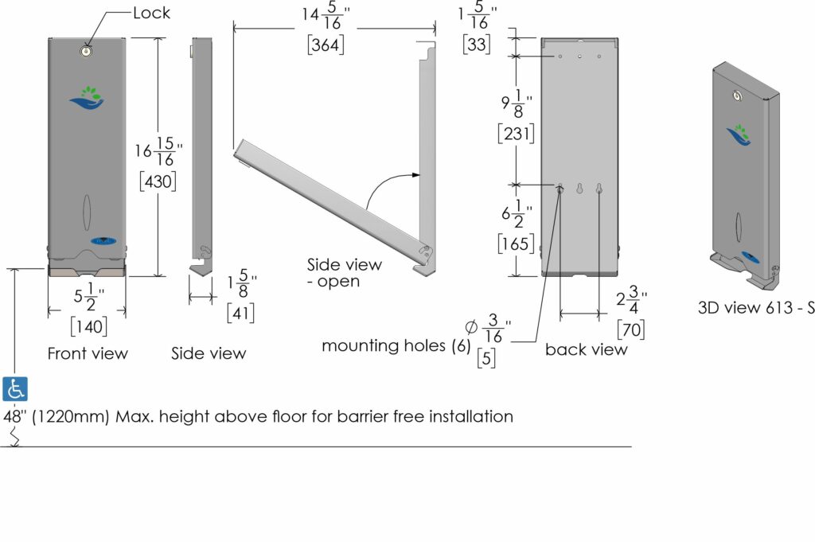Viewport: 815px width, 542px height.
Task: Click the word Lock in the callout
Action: pyautogui.click(x=151, y=13)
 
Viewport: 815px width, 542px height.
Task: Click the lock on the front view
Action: pyautogui.click(x=86, y=50)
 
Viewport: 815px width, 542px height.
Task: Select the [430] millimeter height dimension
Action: pyautogui.click(x=158, y=181)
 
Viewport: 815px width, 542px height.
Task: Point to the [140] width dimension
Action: pyautogui.click(x=88, y=326)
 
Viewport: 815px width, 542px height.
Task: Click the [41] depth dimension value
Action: pyautogui.click(x=240, y=314)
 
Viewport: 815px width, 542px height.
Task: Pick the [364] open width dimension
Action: pyautogui.click(x=326, y=45)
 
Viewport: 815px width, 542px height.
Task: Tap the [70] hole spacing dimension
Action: pyautogui.click(x=631, y=329)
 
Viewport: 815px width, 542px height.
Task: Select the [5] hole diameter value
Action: pyautogui.click(x=487, y=359)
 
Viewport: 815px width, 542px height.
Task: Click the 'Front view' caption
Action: pyautogui.click(x=88, y=353)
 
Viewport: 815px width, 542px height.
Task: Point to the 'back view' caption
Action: pyautogui.click(x=587, y=349)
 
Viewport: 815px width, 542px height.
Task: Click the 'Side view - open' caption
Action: pyautogui.click(x=345, y=272)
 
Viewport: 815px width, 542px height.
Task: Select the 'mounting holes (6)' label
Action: pyautogui.click(x=394, y=345)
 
